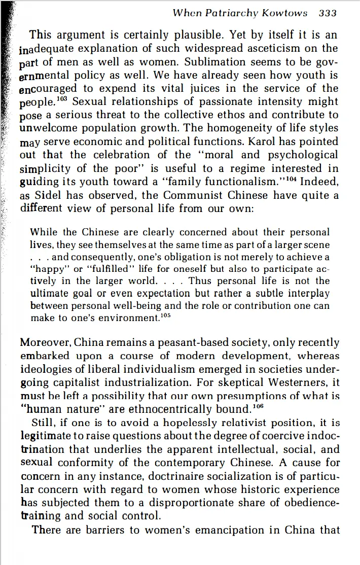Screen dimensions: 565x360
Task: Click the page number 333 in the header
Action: tap(328, 13)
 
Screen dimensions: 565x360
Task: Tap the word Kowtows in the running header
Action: tap(284, 13)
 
